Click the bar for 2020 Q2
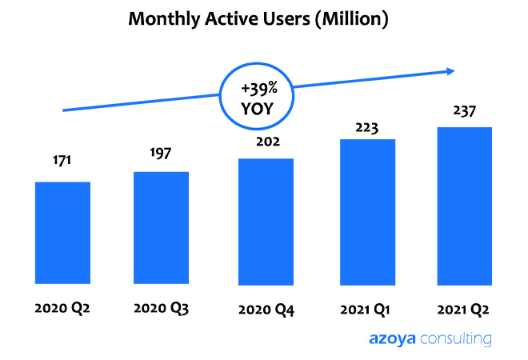coord(62,233)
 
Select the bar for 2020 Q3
coord(162,228)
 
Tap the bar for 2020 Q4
coord(266,221)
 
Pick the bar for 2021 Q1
coord(368,211)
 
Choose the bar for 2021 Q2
coord(464,206)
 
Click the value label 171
coord(62,161)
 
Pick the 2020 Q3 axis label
coord(160,307)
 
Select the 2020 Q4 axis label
coord(266,309)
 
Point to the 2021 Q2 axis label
coord(464,308)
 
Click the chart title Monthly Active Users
coord(258,19)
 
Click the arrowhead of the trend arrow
coord(450,71)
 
